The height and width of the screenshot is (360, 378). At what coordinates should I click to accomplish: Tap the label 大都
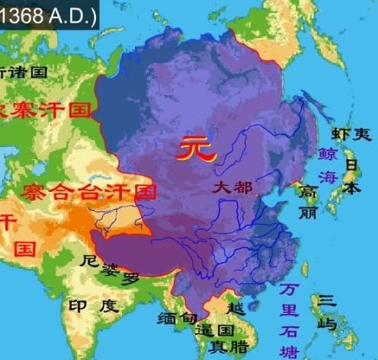[233, 185]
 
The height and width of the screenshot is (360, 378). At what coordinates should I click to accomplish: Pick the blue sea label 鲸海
[328, 164]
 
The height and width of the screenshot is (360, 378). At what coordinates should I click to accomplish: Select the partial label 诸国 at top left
[23, 72]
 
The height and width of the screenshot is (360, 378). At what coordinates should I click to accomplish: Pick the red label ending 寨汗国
[46, 110]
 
